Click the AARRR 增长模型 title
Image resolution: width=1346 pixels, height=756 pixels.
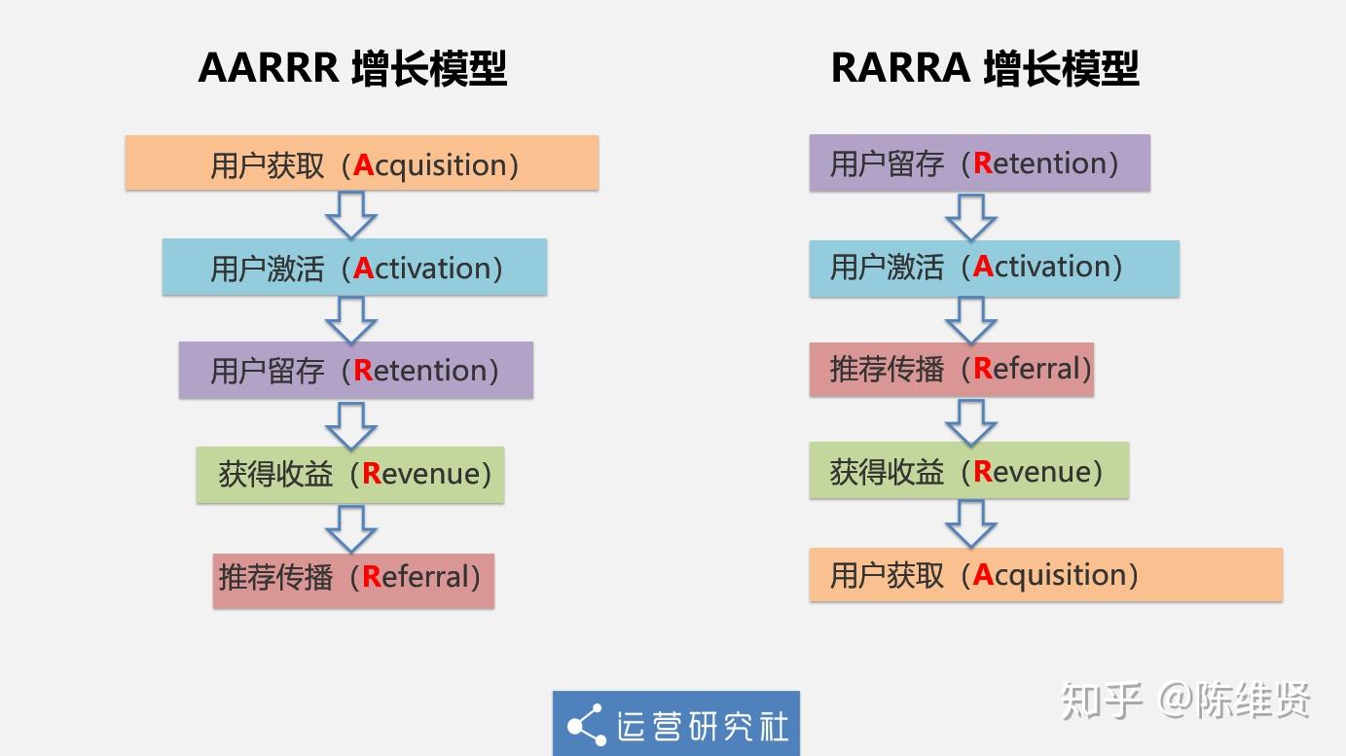352,68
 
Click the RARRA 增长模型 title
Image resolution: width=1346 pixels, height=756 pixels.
985,68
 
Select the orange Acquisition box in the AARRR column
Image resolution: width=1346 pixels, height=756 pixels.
362,162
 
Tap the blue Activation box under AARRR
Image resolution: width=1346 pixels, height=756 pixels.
354,267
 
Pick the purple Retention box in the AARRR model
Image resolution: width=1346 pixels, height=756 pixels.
356,370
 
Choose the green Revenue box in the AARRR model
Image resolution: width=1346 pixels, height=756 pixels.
350,475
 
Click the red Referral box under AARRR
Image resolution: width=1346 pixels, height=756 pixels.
353,581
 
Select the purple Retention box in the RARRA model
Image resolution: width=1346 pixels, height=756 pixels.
979,162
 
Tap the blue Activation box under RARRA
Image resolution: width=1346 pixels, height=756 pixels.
995,269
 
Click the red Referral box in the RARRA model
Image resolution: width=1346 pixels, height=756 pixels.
951,370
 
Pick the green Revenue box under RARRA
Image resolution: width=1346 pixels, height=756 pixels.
969,471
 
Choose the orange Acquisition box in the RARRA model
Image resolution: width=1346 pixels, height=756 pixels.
1046,574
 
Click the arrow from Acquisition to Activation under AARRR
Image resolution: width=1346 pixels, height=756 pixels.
351,215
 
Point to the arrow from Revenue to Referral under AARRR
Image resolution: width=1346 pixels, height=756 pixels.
351,529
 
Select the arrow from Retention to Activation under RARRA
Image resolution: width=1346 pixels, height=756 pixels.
971,218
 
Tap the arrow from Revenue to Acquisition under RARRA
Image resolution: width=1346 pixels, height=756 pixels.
971,524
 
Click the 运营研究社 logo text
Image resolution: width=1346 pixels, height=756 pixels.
703,726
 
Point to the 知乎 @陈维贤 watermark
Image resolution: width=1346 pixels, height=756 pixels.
1185,701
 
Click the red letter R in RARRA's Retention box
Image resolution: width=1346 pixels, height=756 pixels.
982,162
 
